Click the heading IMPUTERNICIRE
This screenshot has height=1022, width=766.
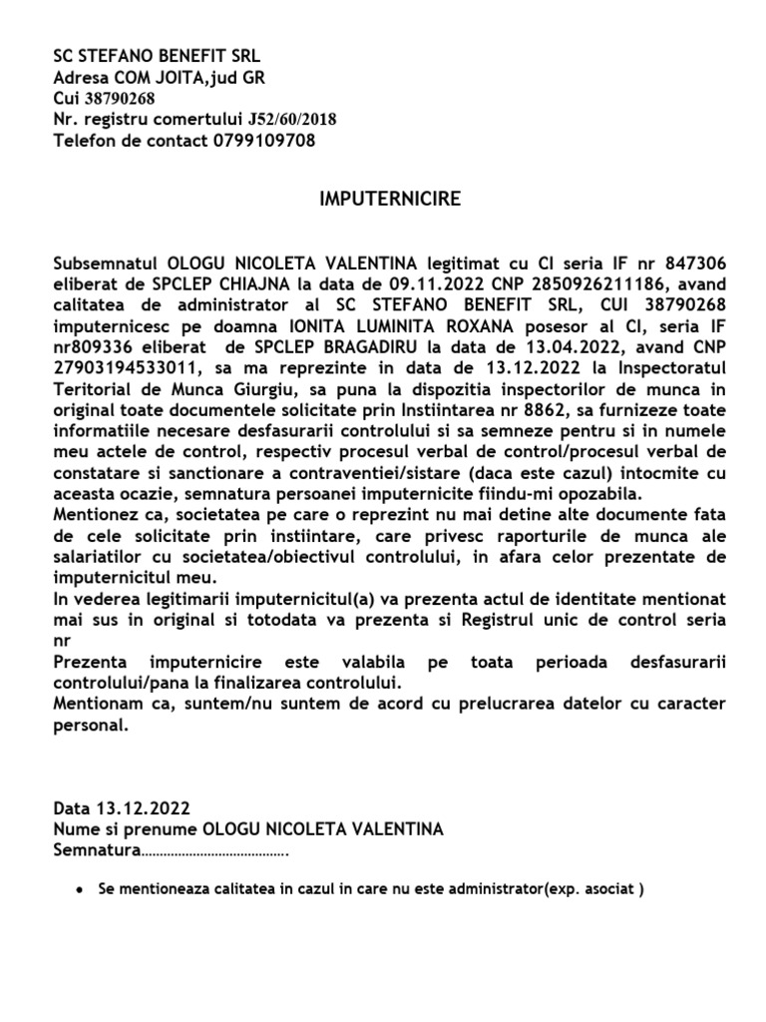point(389,199)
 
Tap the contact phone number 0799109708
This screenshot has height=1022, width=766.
point(264,141)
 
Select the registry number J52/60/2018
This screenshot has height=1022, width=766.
point(288,120)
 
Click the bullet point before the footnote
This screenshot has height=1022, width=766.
point(79,888)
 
